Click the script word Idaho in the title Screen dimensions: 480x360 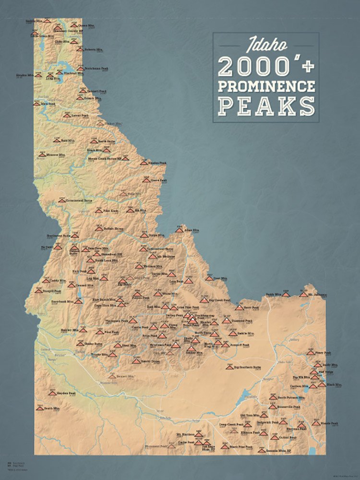(x=267, y=46)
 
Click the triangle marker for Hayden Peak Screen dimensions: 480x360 (x=52, y=393)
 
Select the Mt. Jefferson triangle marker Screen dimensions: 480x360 (x=303, y=294)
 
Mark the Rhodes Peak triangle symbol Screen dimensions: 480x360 (x=144, y=163)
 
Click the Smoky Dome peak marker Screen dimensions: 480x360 (x=136, y=361)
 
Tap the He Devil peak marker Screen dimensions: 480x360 (x=57, y=247)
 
